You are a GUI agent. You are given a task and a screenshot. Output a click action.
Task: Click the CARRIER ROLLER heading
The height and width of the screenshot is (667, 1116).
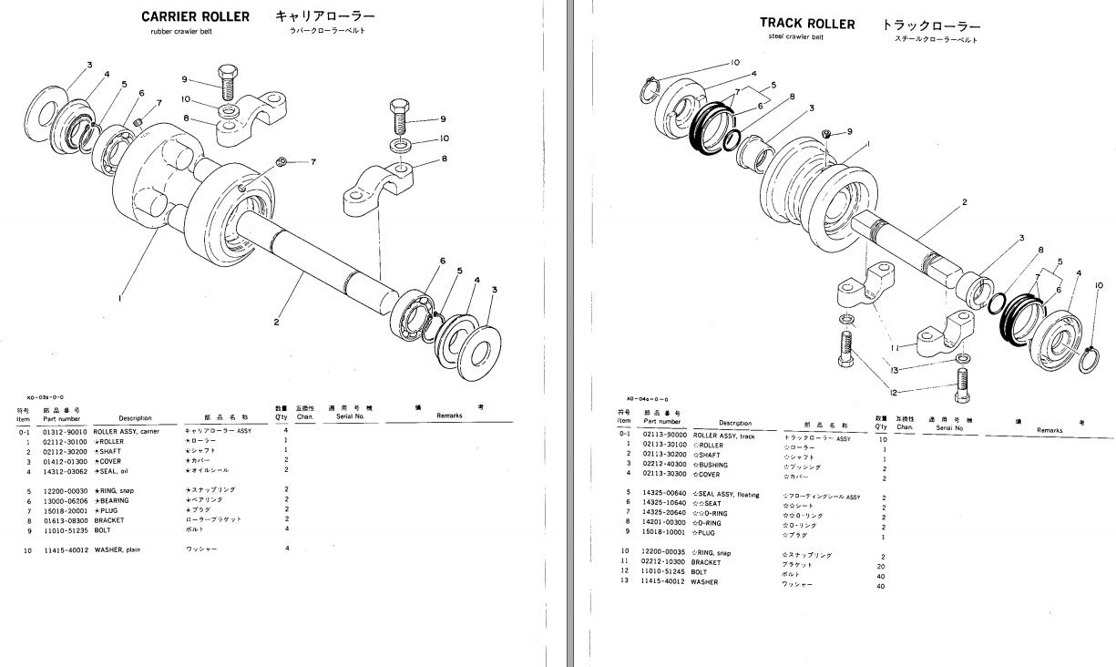pyautogui.click(x=195, y=16)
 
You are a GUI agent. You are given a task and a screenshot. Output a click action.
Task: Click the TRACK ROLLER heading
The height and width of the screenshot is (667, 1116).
pyautogui.click(x=807, y=24)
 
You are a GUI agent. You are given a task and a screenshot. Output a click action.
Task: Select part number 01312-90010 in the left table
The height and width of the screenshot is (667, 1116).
pyautogui.click(x=65, y=432)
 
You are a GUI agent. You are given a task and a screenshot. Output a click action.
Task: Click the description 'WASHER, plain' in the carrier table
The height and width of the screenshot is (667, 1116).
pyautogui.click(x=121, y=549)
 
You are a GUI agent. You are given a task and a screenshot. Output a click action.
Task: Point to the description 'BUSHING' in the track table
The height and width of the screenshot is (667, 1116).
pyautogui.click(x=711, y=465)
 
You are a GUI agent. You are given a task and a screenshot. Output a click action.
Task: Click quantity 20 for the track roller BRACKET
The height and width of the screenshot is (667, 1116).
pyautogui.click(x=880, y=565)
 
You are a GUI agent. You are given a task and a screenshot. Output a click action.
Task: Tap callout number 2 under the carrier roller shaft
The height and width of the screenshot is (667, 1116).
pyautogui.click(x=276, y=321)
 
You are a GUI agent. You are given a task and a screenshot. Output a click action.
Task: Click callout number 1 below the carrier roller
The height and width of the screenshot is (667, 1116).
pyautogui.click(x=121, y=295)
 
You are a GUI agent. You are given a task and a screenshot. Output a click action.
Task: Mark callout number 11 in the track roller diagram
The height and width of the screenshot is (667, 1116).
pyautogui.click(x=896, y=348)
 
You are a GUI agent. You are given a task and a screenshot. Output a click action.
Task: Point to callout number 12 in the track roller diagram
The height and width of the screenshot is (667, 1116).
pyautogui.click(x=893, y=393)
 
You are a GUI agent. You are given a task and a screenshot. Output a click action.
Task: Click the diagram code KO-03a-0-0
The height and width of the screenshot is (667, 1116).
pyautogui.click(x=46, y=397)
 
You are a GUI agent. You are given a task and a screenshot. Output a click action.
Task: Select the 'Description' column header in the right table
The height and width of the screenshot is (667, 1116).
pyautogui.click(x=734, y=423)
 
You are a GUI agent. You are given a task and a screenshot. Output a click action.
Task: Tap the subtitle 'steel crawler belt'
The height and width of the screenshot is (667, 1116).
pyautogui.click(x=794, y=37)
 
